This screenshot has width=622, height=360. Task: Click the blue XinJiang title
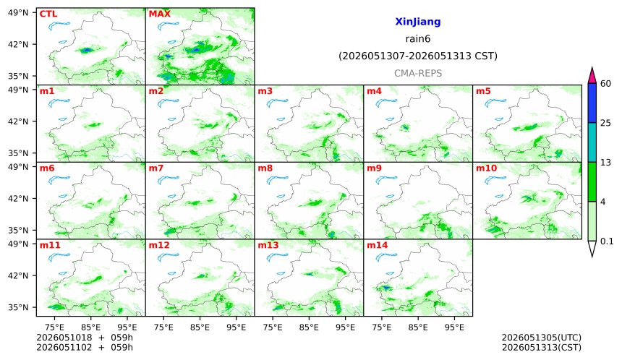click(x=418, y=22)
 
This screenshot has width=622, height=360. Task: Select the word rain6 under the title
click(x=418, y=39)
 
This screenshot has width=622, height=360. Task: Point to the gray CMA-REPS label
click(x=418, y=73)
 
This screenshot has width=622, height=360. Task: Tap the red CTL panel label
click(x=48, y=14)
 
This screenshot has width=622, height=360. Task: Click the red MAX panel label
click(x=159, y=14)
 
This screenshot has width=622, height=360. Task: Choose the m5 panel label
click(x=483, y=91)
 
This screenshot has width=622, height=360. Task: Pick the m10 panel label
click(x=486, y=168)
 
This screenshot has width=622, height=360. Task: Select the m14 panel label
click(x=378, y=245)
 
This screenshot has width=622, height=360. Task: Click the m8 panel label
click(x=265, y=168)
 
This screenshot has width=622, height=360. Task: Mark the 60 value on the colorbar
click(x=605, y=84)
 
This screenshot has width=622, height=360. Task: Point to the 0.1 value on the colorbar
click(x=607, y=241)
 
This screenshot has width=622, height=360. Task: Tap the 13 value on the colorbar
click(x=605, y=163)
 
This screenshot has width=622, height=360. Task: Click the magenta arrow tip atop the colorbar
click(x=592, y=68)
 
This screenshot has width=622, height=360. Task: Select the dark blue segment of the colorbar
click(x=592, y=103)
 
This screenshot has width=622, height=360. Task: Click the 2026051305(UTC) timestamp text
click(x=542, y=338)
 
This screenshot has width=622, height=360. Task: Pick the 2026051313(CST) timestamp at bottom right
click(x=542, y=348)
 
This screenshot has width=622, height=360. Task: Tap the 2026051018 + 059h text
click(x=85, y=338)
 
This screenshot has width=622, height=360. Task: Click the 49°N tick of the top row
click(x=18, y=13)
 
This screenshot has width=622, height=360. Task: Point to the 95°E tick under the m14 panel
click(x=454, y=327)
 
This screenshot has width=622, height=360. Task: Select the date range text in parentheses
click(x=418, y=56)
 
